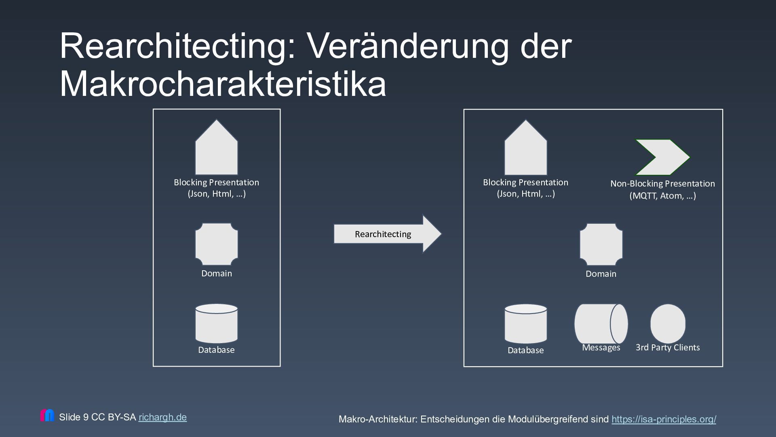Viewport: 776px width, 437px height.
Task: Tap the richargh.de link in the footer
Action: coord(162,417)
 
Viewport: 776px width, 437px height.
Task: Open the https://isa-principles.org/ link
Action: coord(664,419)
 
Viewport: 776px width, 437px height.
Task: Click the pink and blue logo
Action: coord(47,415)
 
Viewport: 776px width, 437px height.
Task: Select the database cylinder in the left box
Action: coord(216,323)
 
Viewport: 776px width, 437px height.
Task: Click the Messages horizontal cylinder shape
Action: coord(601,324)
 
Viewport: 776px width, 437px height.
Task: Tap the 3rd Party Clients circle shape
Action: coord(668,324)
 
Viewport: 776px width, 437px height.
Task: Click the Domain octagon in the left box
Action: coord(216,244)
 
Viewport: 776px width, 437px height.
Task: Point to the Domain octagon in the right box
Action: coord(601,244)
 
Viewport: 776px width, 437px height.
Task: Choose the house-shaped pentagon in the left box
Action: coord(216,149)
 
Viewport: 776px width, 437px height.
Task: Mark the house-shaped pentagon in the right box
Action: coord(525,149)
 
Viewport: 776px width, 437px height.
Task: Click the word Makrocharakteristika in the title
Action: coord(223,84)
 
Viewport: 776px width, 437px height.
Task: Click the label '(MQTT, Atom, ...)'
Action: coord(662,196)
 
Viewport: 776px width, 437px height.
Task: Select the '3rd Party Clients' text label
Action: coord(668,348)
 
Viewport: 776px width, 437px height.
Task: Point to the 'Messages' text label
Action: coord(601,348)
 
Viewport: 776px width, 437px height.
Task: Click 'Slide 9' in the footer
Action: coord(74,417)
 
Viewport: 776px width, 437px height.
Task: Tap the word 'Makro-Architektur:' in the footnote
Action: coord(378,419)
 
